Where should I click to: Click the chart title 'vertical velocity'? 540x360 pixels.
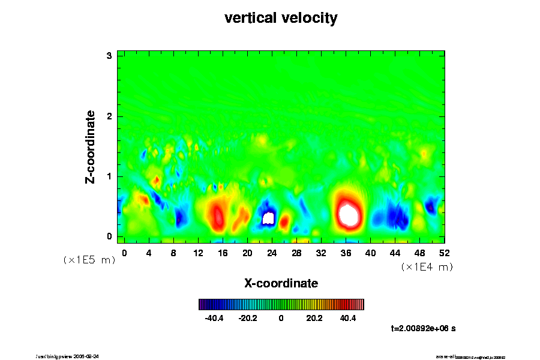pyautogui.click(x=281, y=19)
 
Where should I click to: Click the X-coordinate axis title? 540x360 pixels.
pyautogui.click(x=281, y=283)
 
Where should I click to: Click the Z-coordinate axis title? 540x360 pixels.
pyautogui.click(x=91, y=146)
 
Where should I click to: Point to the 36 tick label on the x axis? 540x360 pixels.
pyautogui.click(x=346, y=253)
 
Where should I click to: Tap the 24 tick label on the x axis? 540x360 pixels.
pyautogui.click(x=272, y=253)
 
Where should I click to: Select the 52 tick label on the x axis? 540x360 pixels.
pyautogui.click(x=444, y=253)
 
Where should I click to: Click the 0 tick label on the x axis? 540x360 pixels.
pyautogui.click(x=124, y=253)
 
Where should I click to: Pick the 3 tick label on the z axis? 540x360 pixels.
pyautogui.click(x=110, y=56)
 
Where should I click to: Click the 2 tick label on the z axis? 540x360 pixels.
pyautogui.click(x=110, y=116)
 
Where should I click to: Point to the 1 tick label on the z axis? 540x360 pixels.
pyautogui.click(x=110, y=176)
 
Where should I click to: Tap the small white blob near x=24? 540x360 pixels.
pyautogui.click(x=269, y=218)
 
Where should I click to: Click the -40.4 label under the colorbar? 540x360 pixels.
pyautogui.click(x=214, y=318)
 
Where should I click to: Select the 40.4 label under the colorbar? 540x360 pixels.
pyautogui.click(x=348, y=318)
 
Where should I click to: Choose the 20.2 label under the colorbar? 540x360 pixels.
pyautogui.click(x=314, y=318)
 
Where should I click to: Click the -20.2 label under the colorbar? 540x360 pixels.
pyautogui.click(x=248, y=318)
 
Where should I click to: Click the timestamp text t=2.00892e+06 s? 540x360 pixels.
pyautogui.click(x=424, y=328)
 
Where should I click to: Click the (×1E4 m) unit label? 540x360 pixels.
pyautogui.click(x=427, y=267)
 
